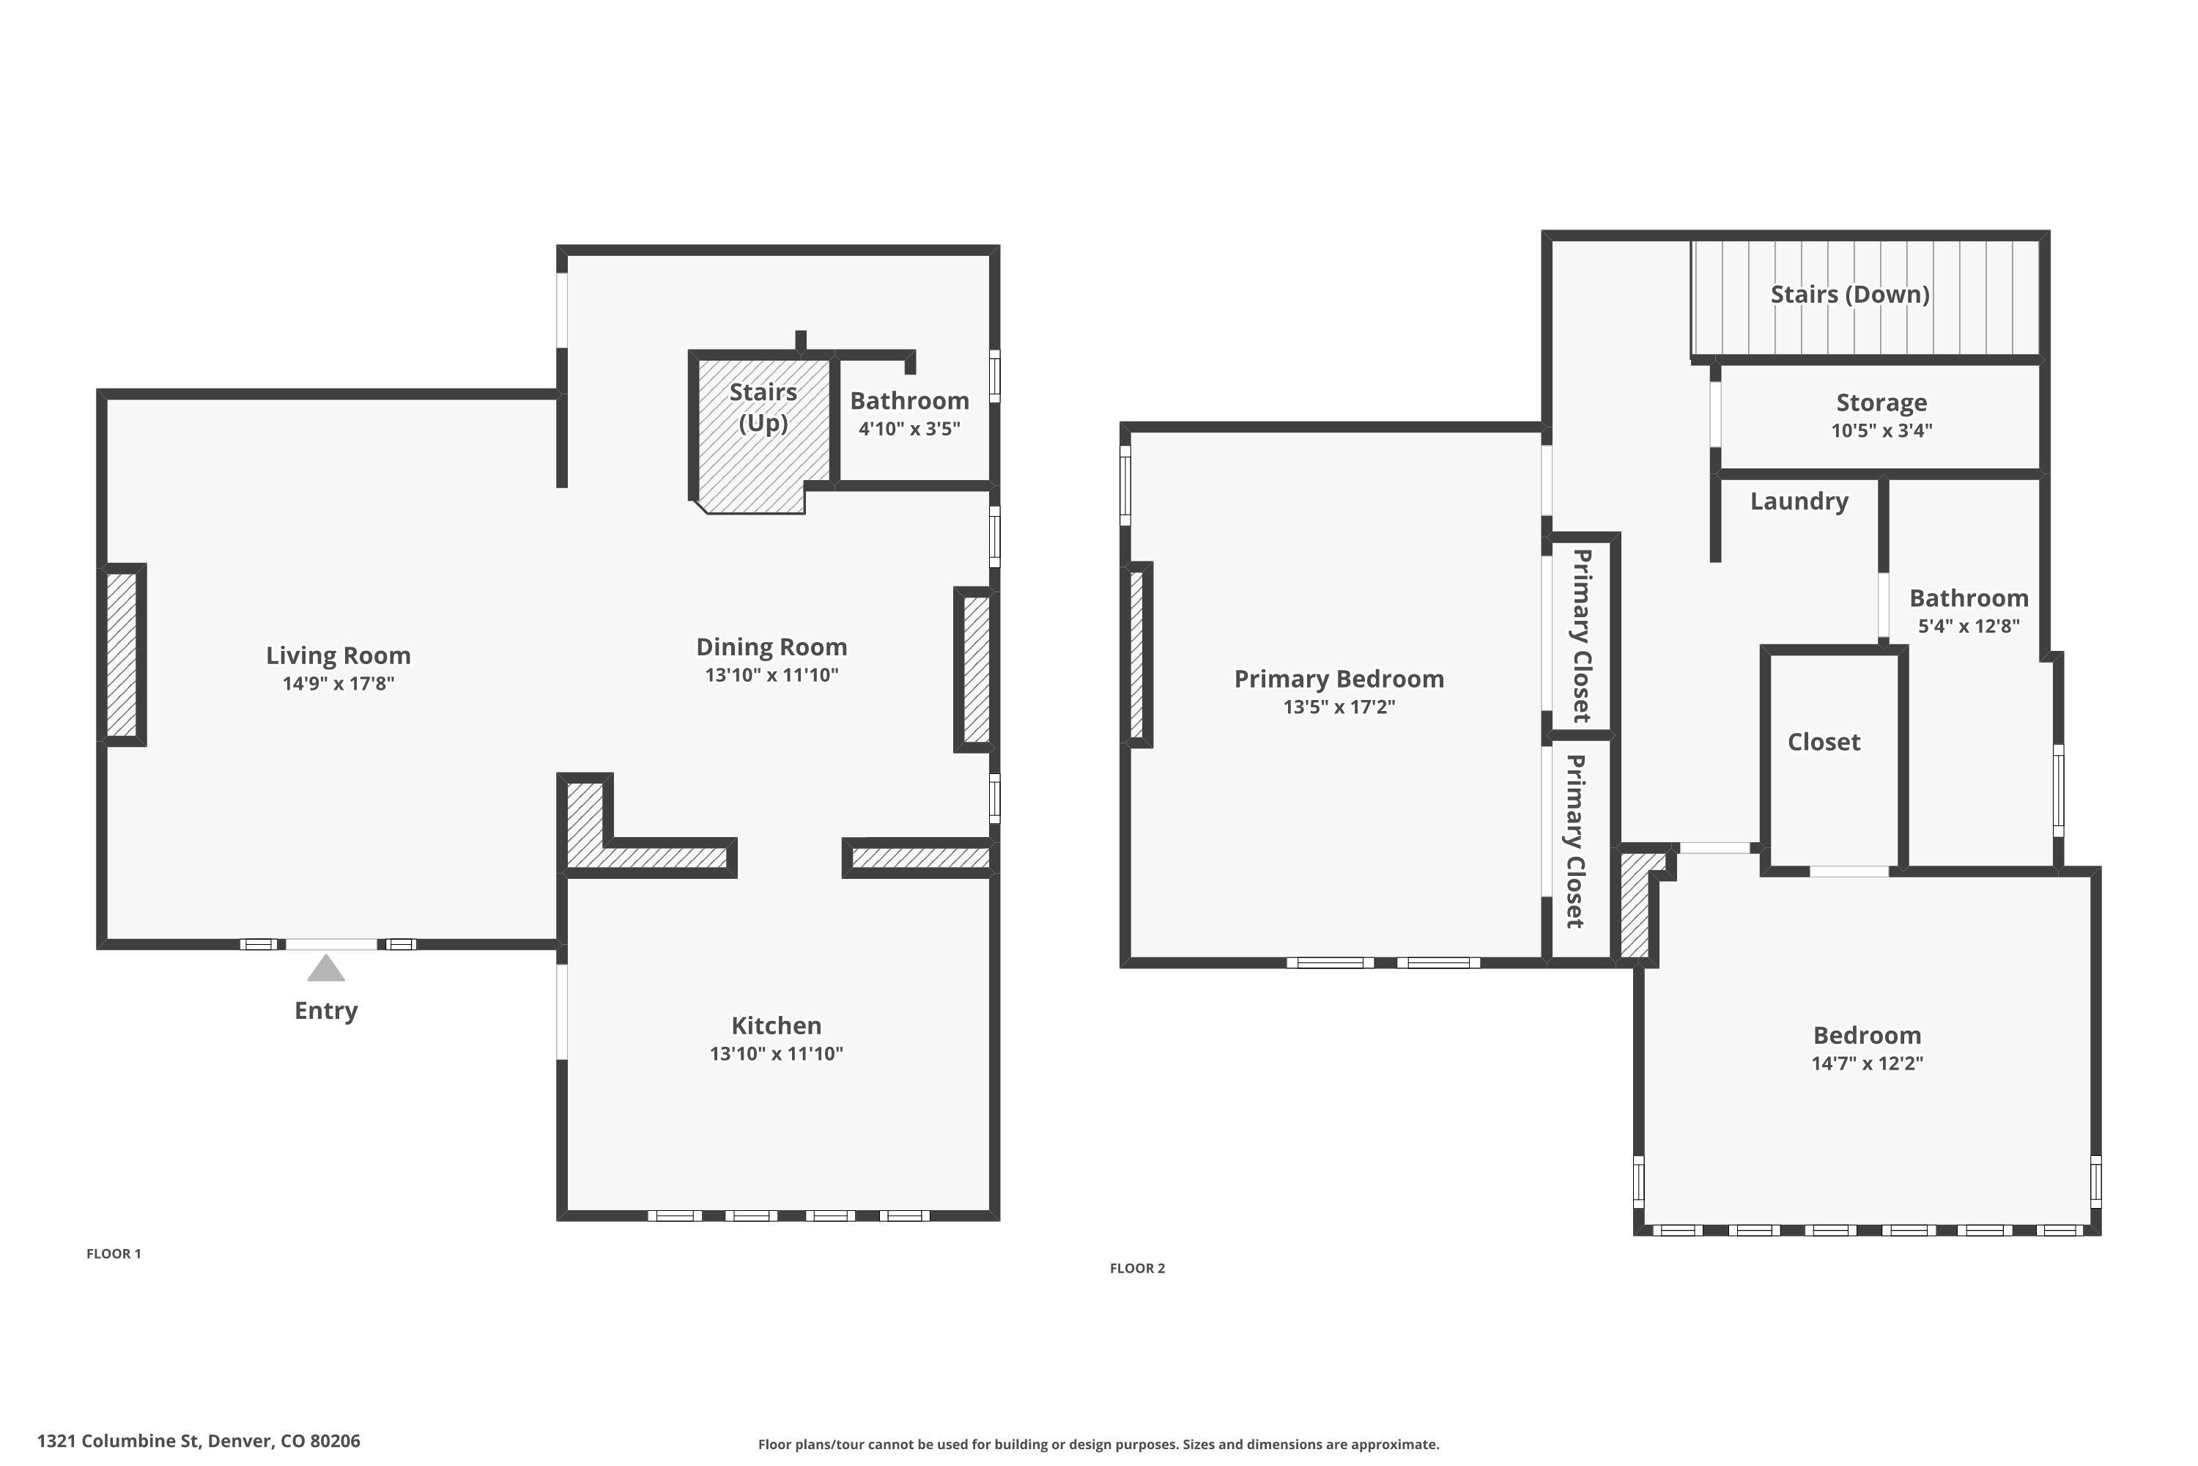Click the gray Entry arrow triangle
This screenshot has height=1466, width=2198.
326,970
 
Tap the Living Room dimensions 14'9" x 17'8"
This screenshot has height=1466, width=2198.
338,683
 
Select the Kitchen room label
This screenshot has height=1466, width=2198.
776,1025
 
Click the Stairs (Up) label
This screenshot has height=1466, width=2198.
763,407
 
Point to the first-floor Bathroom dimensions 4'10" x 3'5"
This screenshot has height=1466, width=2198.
909,429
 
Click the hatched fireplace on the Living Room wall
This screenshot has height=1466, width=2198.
122,655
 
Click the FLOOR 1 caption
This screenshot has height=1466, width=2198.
113,1253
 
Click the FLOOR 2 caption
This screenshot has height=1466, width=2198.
1137,1269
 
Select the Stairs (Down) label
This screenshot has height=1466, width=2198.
1849,295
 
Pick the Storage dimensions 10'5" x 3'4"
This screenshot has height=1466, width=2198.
1881,431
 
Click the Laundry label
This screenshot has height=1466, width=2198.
1799,501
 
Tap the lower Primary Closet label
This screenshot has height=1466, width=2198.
1576,841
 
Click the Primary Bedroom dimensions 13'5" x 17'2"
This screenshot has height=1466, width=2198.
1339,707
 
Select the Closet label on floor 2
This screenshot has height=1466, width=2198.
1824,743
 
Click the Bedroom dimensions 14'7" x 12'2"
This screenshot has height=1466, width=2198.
1866,1063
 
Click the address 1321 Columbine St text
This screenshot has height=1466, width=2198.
198,1441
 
